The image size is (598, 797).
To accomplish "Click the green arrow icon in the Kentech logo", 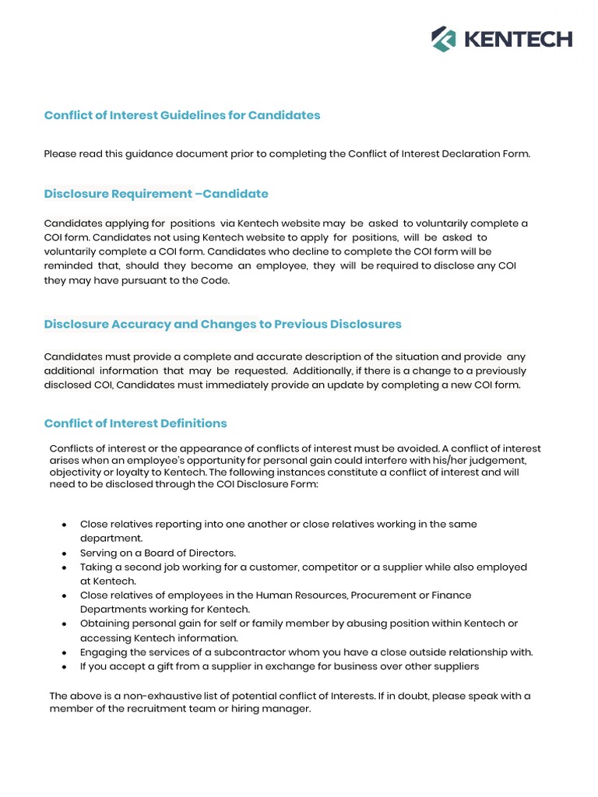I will click(444, 38).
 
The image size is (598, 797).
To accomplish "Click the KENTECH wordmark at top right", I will click(518, 39).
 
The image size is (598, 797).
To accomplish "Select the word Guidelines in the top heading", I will click(192, 115).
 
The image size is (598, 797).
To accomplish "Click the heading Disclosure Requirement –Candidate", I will click(156, 194).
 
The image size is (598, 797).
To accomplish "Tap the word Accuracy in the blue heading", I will click(145, 324).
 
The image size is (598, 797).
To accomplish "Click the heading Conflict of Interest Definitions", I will click(135, 423).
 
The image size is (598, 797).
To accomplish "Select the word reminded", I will click(69, 266).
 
